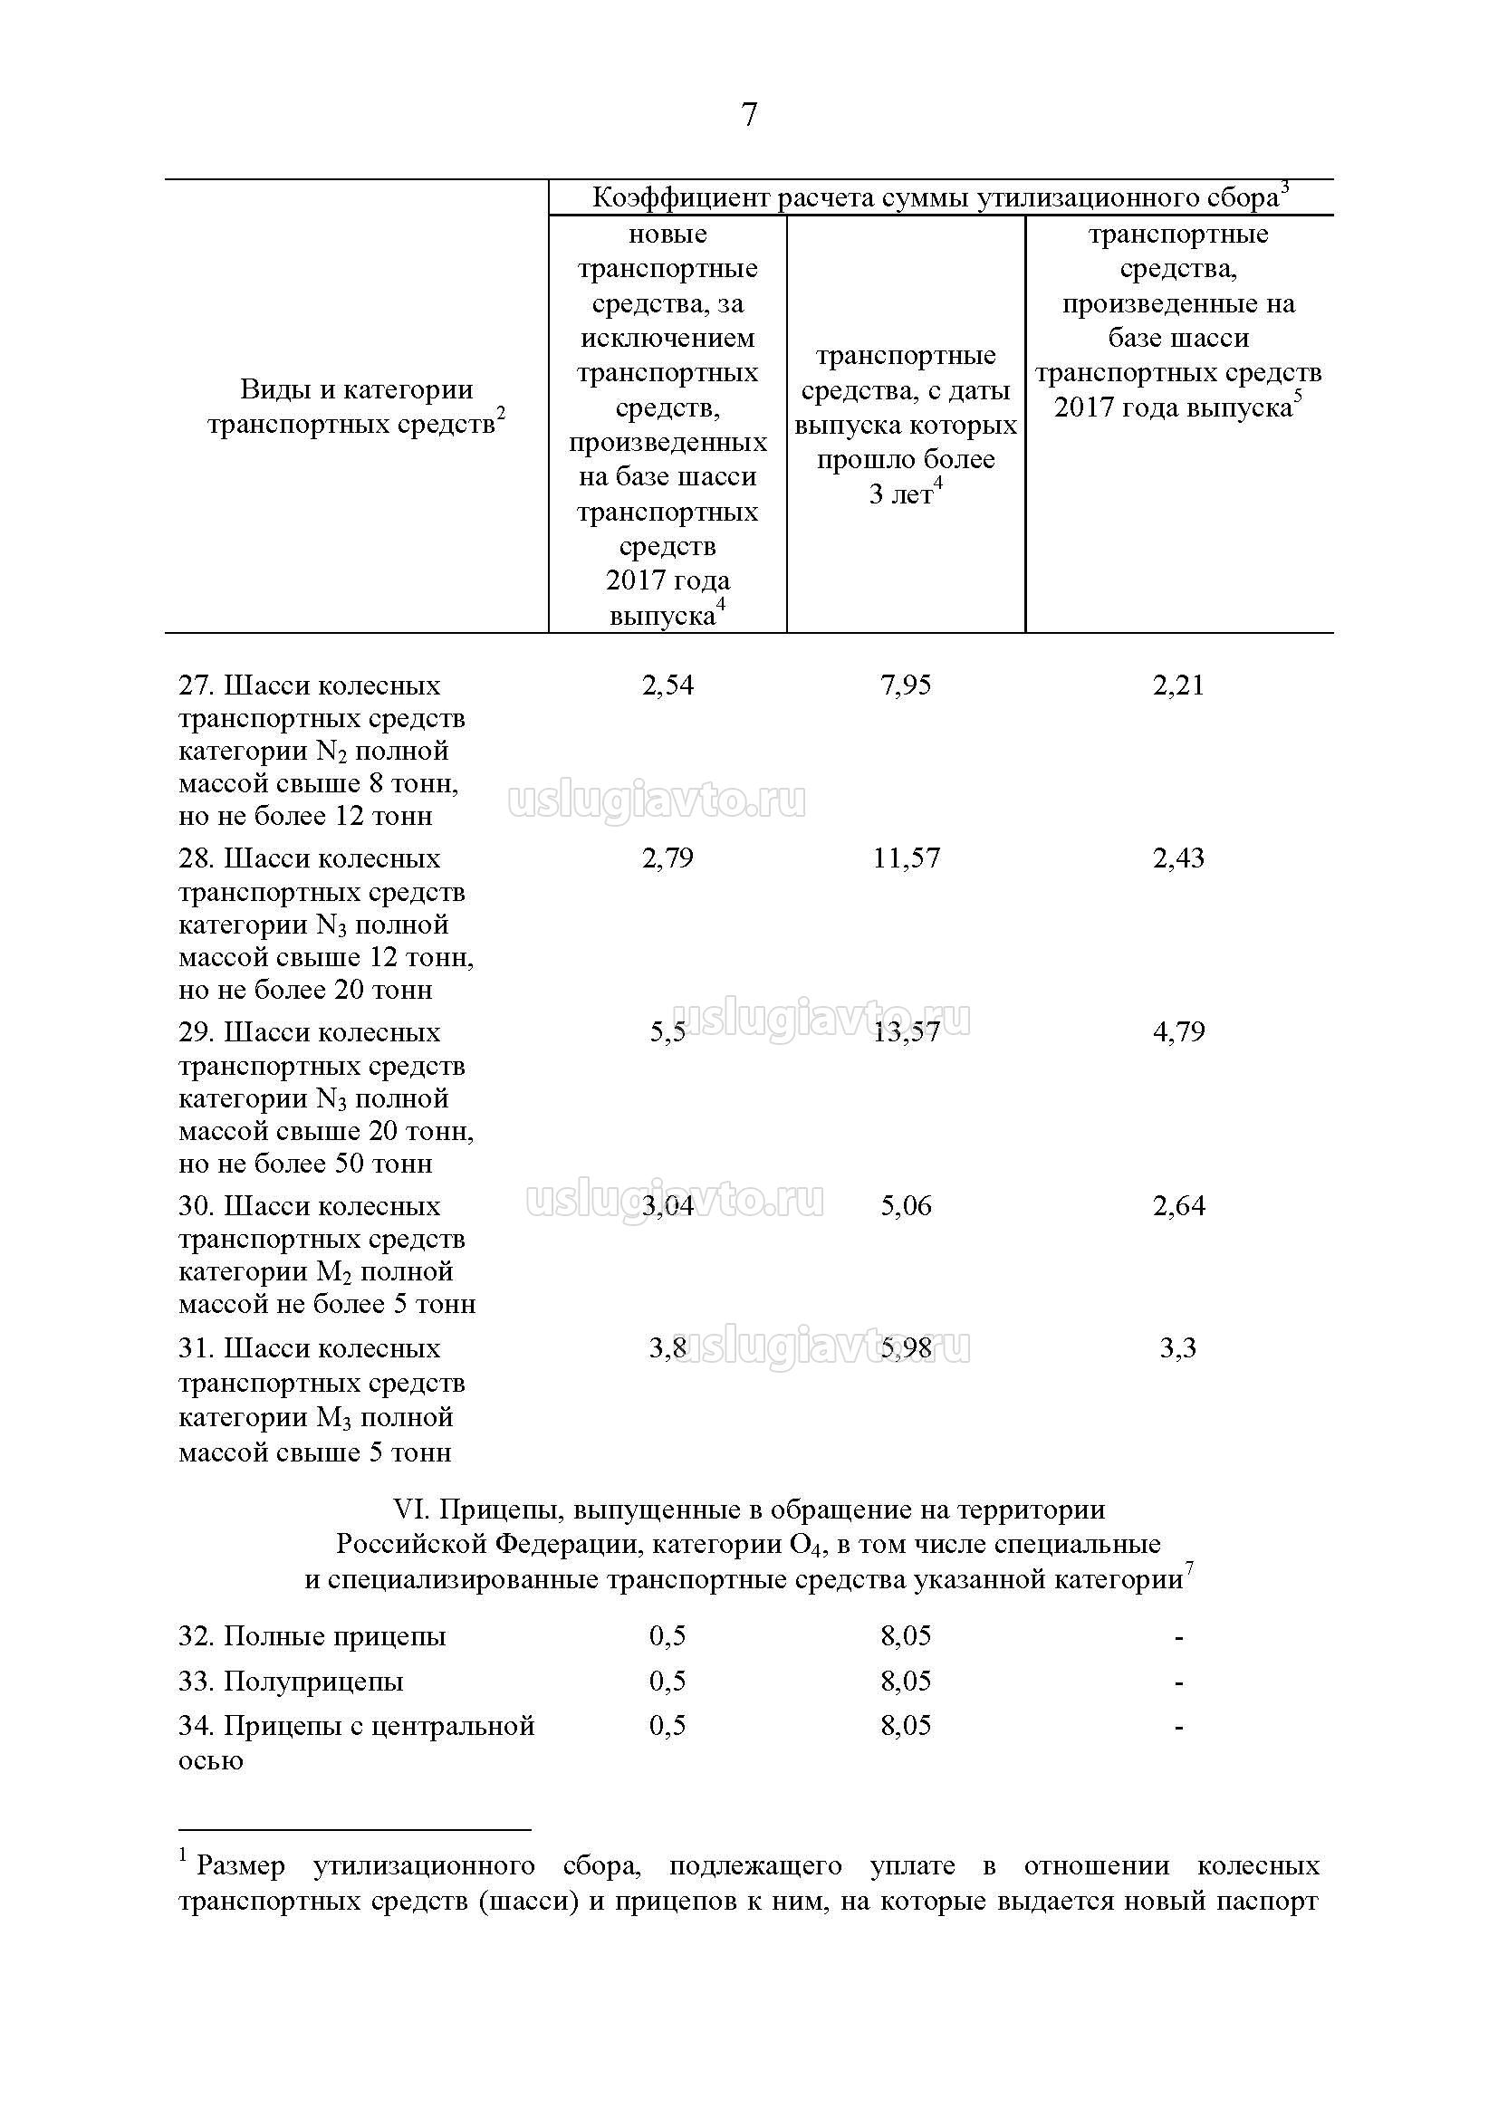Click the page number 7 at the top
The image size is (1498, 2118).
[x=748, y=115]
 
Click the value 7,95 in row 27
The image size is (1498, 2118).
[x=906, y=685]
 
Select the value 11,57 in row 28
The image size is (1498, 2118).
[x=906, y=858]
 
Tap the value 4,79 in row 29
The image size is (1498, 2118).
[x=1178, y=1031]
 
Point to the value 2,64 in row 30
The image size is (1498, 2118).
[x=1178, y=1205]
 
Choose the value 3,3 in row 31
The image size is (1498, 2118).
[x=1178, y=1347]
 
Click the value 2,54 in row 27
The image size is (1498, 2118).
[x=667, y=685]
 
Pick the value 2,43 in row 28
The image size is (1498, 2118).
[x=1178, y=858]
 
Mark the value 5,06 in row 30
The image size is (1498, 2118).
[x=906, y=1205]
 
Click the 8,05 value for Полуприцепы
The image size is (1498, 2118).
[x=906, y=1681]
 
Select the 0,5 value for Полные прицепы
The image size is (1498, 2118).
[x=667, y=1635]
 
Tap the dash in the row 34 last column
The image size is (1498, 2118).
[x=1179, y=1726]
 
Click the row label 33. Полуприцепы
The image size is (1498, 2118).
[x=291, y=1682]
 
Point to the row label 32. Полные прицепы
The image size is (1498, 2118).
[x=312, y=1636]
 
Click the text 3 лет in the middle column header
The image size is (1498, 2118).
[x=900, y=494]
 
